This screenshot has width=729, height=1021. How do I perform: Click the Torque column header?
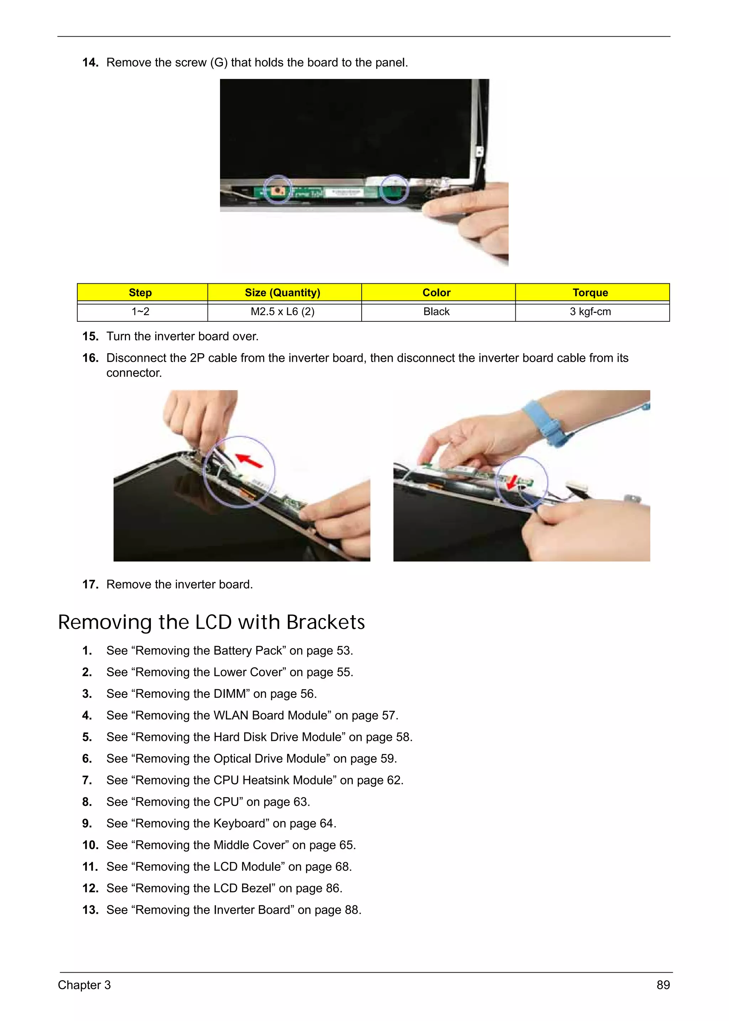[590, 293]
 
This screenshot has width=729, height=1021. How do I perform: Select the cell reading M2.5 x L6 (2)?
[282, 311]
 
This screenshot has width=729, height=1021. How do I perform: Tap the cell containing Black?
[436, 311]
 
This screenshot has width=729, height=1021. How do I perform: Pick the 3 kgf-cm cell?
[590, 311]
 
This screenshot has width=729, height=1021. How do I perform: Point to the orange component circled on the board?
[278, 191]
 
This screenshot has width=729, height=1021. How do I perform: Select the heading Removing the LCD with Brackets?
[211, 622]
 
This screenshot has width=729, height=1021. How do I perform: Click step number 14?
[90, 62]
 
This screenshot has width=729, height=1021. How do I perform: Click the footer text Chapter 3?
[84, 985]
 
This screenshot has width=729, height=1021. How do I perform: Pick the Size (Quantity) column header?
[282, 293]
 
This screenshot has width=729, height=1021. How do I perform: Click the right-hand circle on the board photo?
[394, 189]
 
